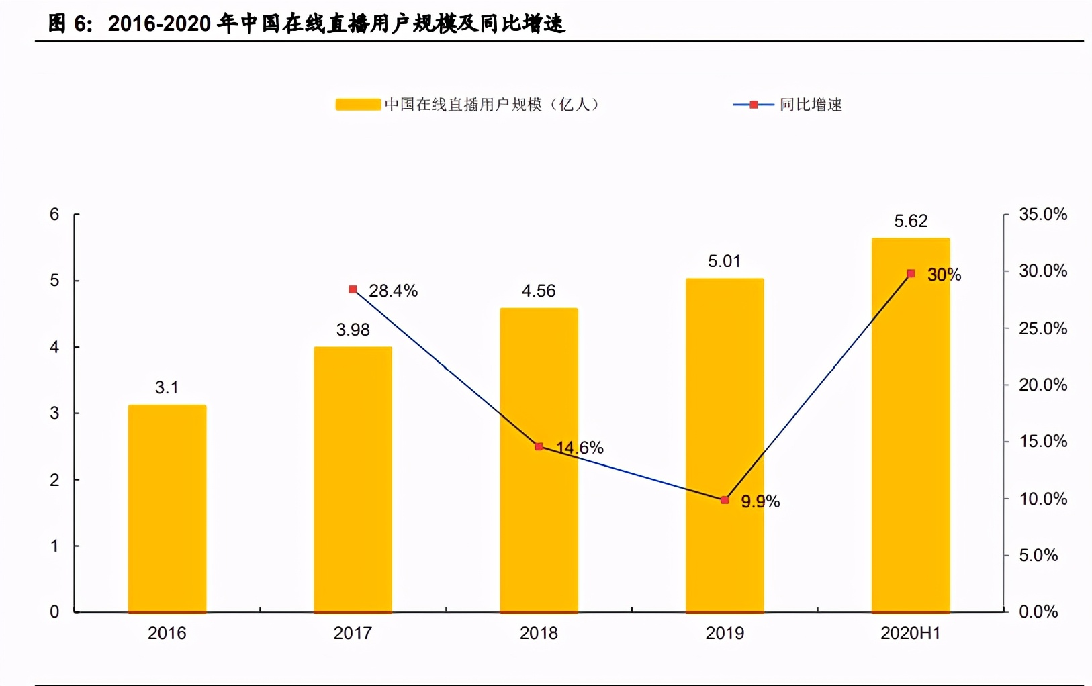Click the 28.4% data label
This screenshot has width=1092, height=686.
(393, 291)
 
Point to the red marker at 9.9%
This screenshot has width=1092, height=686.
(725, 500)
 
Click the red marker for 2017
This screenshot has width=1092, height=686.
(353, 289)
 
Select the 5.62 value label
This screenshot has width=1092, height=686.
(911, 221)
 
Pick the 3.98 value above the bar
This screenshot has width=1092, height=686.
(353, 330)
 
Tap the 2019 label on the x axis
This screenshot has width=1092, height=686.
(725, 633)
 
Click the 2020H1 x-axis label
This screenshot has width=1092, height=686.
(910, 633)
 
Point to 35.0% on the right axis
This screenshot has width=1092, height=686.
(1042, 214)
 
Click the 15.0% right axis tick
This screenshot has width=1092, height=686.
(1042, 441)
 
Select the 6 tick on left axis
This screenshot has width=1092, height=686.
(54, 214)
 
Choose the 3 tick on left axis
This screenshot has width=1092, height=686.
(54, 413)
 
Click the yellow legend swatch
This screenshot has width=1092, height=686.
(358, 105)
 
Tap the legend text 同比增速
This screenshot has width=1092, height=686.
(811, 105)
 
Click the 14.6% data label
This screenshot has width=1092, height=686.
(580, 448)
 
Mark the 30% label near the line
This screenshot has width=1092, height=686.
(944, 275)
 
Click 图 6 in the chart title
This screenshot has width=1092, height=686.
(70, 23)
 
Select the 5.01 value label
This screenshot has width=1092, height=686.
(724, 261)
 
